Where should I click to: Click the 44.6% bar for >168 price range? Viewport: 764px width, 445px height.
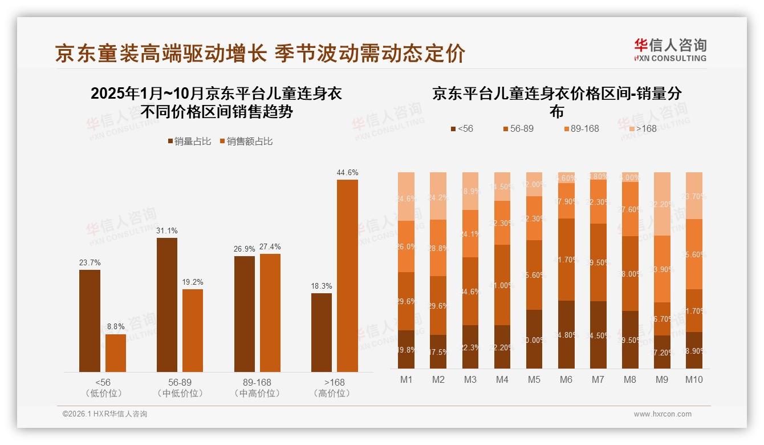(347, 276)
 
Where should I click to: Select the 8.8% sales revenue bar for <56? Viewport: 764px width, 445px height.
(116, 353)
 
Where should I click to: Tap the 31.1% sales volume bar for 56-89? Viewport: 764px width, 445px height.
(166, 305)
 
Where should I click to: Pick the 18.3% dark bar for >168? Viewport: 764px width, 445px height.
(322, 332)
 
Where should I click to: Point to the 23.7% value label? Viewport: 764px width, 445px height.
(90, 263)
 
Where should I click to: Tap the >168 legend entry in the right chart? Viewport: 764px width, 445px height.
(641, 129)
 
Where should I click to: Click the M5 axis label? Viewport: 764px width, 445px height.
(534, 380)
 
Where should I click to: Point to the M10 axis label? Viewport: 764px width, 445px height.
(694, 380)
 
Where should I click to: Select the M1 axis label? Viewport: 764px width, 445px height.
(407, 380)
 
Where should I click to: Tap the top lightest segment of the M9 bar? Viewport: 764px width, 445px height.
(662, 204)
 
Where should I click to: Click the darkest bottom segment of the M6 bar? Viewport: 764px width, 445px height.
(566, 334)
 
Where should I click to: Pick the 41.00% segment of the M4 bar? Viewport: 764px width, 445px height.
(502, 285)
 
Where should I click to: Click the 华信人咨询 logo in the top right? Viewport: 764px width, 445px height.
(670, 50)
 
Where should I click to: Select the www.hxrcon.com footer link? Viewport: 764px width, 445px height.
(663, 414)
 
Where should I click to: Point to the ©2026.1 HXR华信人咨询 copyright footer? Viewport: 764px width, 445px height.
(105, 414)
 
